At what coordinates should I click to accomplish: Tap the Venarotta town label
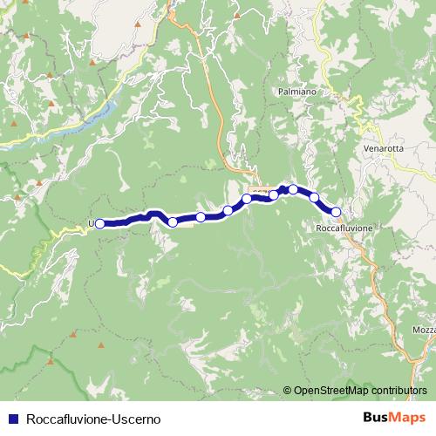click(383, 149)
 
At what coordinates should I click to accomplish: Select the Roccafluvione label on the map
click(344, 228)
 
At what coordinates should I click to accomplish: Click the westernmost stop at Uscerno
click(99, 223)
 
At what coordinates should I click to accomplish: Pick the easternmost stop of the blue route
click(336, 211)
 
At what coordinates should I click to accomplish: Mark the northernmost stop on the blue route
click(294, 189)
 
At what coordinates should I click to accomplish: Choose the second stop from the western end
click(173, 221)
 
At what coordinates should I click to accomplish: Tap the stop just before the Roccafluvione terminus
click(315, 198)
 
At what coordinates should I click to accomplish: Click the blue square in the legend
click(13, 417)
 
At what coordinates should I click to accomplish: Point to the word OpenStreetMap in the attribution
click(331, 391)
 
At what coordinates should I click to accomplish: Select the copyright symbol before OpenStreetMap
click(288, 391)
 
